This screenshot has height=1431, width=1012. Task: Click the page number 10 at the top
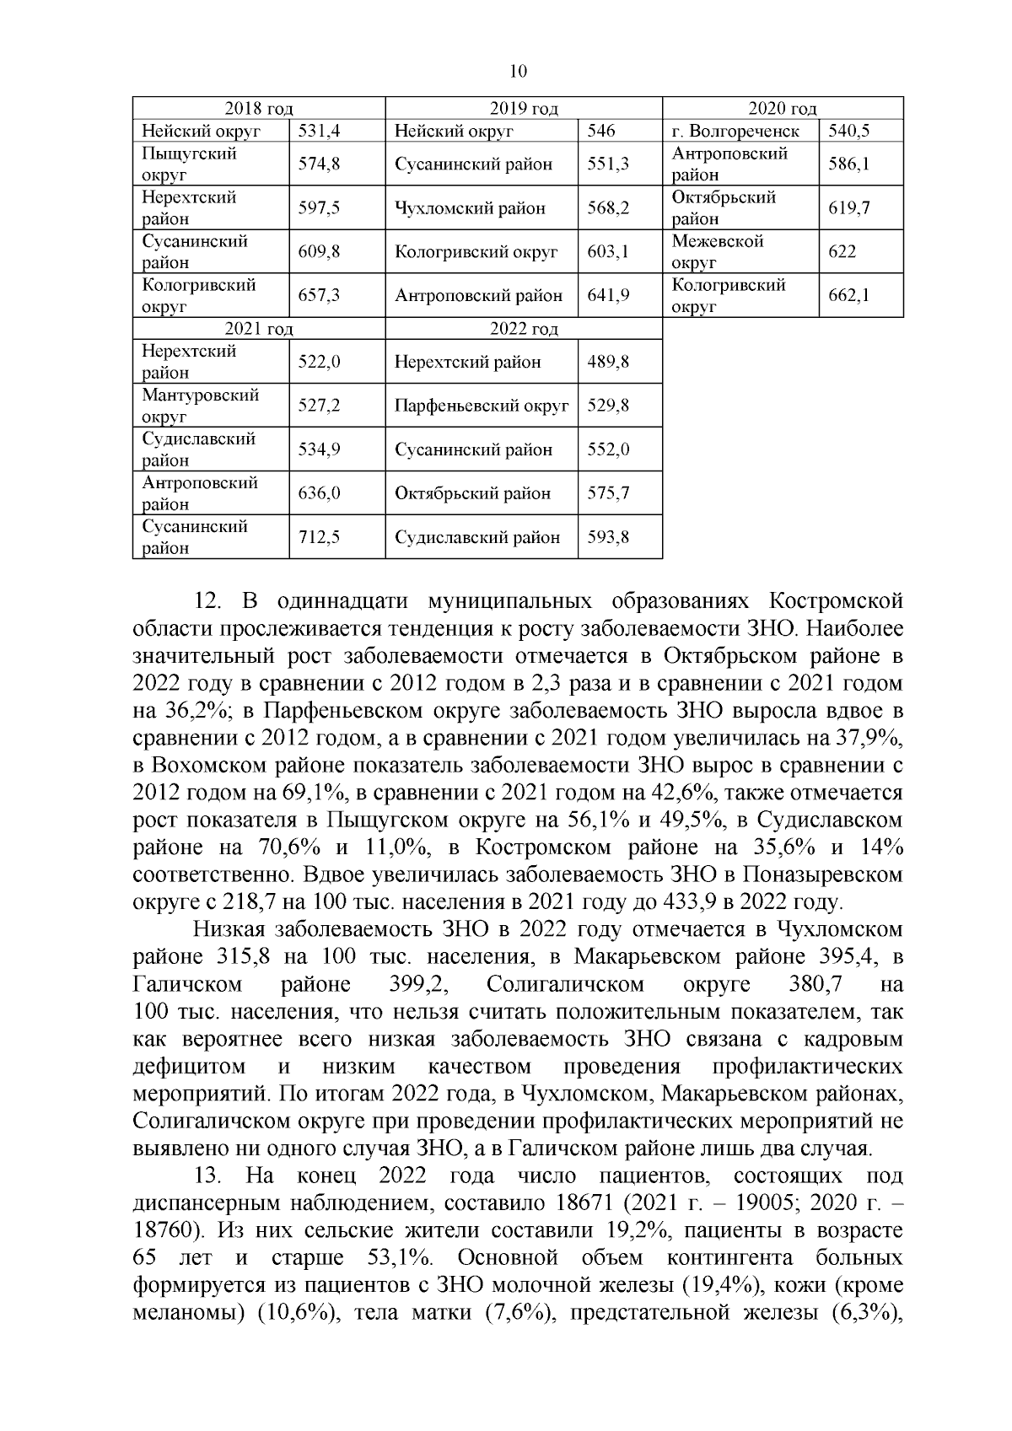pyautogui.click(x=519, y=72)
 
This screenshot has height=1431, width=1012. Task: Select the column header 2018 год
pyautogui.click(x=258, y=108)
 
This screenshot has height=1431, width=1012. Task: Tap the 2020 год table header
pyautogui.click(x=783, y=108)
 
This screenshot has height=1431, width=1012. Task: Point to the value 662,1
pyautogui.click(x=848, y=295)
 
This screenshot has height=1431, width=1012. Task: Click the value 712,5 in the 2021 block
pyautogui.click(x=320, y=537)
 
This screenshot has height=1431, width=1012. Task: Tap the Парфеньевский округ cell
pyautogui.click(x=482, y=406)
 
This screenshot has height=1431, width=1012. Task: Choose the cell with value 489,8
pyautogui.click(x=608, y=362)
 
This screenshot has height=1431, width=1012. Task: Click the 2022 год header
pyautogui.click(x=524, y=329)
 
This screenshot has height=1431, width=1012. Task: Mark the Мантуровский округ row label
pyautogui.click(x=200, y=406)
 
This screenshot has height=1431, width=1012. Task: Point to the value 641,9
pyautogui.click(x=608, y=296)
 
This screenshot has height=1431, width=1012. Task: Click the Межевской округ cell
pyautogui.click(x=718, y=251)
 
